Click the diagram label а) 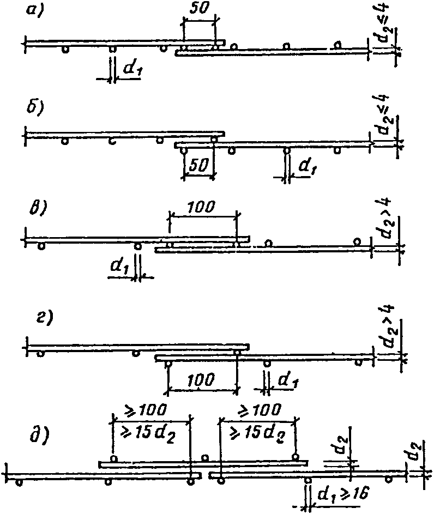tap(35, 13)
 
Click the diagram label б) tap(35, 107)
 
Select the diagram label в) tap(38, 208)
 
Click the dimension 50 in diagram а tap(198, 9)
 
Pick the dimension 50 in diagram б tap(198, 166)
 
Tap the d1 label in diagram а tap(132, 69)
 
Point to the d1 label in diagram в tap(119, 267)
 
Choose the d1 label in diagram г tap(288, 381)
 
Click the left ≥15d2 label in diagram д tap(148, 435)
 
